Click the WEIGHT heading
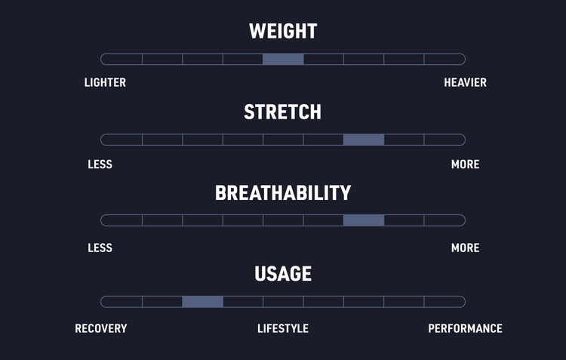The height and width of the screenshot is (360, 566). tap(283, 31)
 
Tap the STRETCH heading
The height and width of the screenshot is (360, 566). tap(283, 112)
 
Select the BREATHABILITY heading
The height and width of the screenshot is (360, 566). tap(283, 192)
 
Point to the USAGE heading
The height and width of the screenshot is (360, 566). tap(283, 274)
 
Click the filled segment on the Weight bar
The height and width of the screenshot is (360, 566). tap(283, 59)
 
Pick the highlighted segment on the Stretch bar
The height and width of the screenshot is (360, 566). tap(364, 140)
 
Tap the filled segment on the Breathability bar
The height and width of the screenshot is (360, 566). tap(364, 220)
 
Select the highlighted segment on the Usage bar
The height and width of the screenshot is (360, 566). tap(202, 301)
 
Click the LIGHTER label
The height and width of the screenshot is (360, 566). tap(105, 82)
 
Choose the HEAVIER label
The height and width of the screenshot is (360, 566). tap(466, 82)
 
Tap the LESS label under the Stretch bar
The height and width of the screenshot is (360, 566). tap(100, 165)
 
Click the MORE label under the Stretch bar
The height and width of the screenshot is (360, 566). tap(466, 165)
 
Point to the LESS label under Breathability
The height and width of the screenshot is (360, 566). tap(100, 248)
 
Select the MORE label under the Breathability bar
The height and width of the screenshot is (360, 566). tap(466, 248)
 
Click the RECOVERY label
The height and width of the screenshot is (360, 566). tap(101, 328)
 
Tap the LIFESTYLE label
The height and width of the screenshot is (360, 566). tap(283, 328)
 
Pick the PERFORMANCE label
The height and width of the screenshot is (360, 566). tap(466, 328)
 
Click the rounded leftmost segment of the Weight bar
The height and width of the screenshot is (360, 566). tap(122, 59)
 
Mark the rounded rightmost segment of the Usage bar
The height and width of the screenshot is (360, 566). tap(444, 301)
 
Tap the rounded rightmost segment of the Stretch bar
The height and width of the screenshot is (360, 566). tap(444, 140)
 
